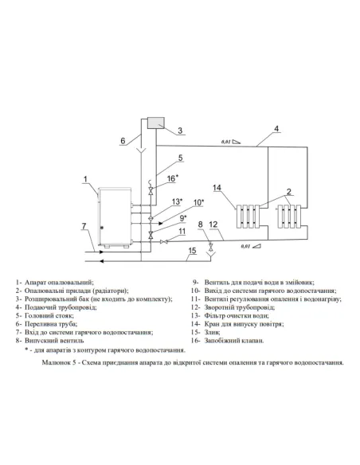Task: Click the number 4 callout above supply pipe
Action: [276, 128]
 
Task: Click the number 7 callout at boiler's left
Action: [84, 228]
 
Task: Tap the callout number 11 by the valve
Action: [182, 231]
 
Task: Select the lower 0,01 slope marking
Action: [247, 248]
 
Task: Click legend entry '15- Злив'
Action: [211, 332]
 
